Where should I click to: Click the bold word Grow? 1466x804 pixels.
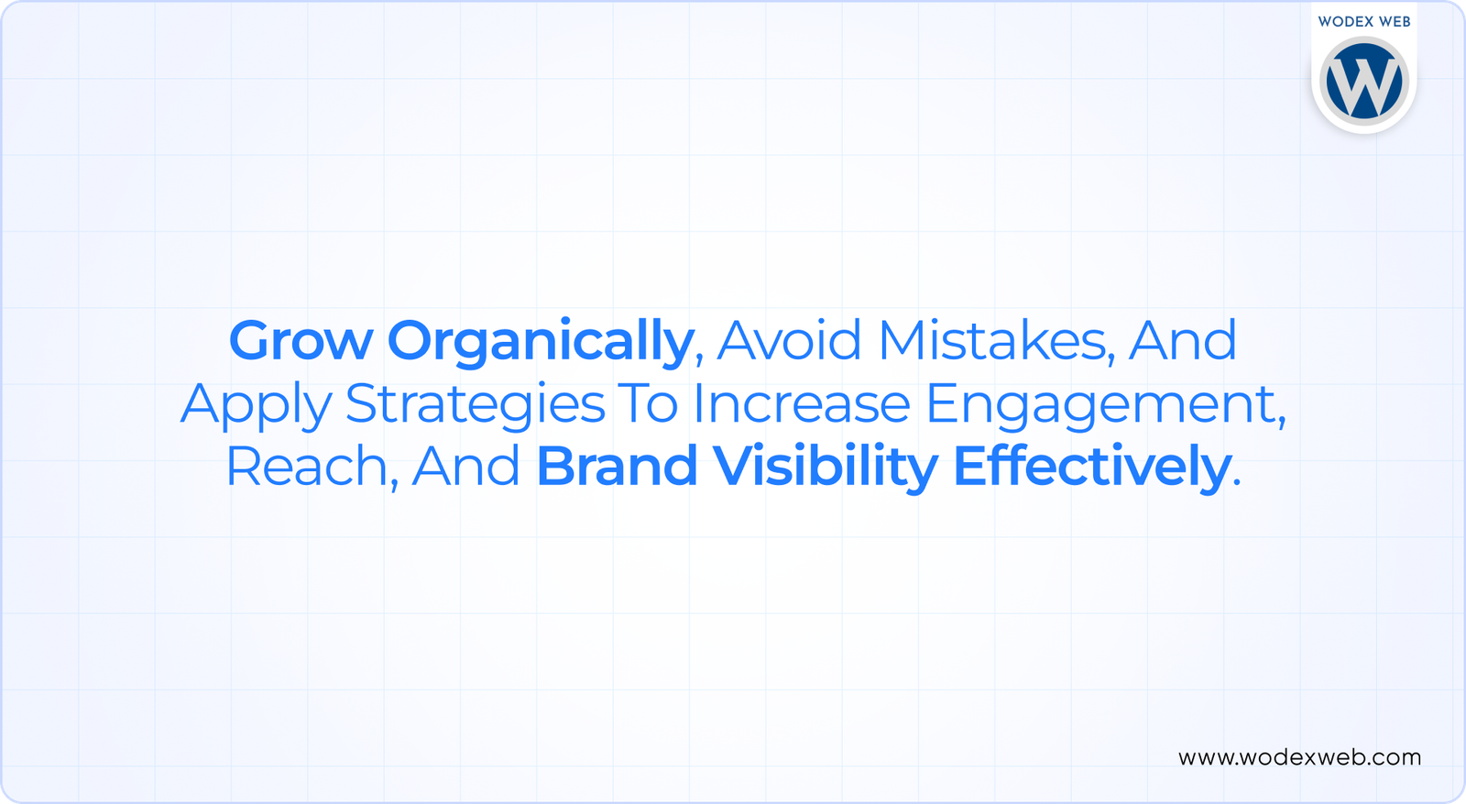pos(301,340)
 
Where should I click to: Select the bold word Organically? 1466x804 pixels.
pos(541,341)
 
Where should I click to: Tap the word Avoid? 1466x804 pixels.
pos(789,340)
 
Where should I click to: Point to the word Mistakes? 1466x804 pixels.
pos(991,340)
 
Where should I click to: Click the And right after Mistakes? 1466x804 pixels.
pos(1183,340)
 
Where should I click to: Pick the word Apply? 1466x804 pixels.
pos(257,404)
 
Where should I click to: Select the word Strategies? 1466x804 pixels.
pos(476,404)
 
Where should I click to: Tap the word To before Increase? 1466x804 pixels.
pos(649,403)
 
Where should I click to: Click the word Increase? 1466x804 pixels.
pos(802,403)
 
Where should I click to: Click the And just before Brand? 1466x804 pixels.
pos(465,466)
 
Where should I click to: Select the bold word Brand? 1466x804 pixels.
pos(618,466)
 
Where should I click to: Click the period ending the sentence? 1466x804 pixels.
pos(1236,482)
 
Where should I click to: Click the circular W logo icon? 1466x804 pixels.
pos(1364,82)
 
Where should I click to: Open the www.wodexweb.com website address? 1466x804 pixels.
pos(1300,757)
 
